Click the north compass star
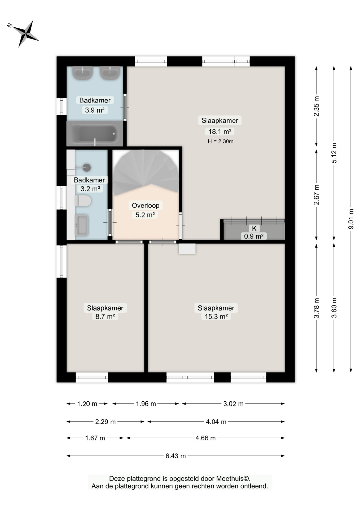pos(26,34)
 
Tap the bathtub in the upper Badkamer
pos(95,134)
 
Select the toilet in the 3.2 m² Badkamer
pos(83,201)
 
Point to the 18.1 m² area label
pos(220,131)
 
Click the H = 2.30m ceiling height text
pos(221,141)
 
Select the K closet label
pos(254,228)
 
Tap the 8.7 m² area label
pos(105,316)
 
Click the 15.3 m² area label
pos(216,316)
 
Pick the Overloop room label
pos(146,205)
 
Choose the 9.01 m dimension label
pos(351,219)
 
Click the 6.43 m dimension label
pos(175,456)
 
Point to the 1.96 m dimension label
pos(146,404)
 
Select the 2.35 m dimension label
pos(317,106)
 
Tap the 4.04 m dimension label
pos(216,422)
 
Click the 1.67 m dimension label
pos(95,438)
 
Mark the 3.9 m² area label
pos(95,110)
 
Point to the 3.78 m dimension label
pos(317,308)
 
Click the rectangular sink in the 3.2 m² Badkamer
pos(81,225)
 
